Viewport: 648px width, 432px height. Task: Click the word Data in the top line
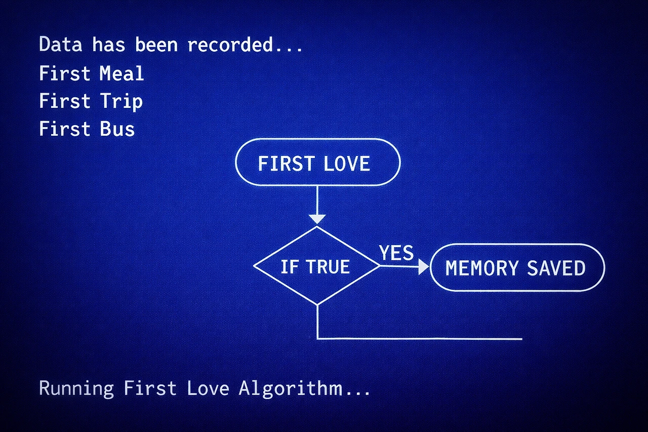[x=60, y=45]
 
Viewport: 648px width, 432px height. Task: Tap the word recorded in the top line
[x=237, y=45]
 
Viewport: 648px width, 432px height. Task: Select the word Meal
[x=121, y=74]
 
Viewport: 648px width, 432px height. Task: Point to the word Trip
[x=121, y=101]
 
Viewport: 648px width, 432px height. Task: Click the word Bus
[x=117, y=129]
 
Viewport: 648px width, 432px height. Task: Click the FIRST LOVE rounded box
[x=317, y=163]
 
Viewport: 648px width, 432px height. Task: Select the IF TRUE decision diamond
[x=316, y=266]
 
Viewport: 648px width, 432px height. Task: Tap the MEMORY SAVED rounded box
[x=516, y=267]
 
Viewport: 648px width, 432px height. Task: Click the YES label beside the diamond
[x=396, y=252]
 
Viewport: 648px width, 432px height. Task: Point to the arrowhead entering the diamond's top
[x=317, y=219]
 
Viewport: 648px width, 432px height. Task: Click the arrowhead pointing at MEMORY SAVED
[x=423, y=267]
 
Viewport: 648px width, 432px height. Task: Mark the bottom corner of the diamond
[x=317, y=304]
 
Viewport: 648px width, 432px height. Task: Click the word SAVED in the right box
[x=556, y=268]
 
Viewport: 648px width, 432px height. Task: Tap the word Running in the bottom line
[x=76, y=388]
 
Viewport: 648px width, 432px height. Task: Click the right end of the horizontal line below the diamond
[x=521, y=339]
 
